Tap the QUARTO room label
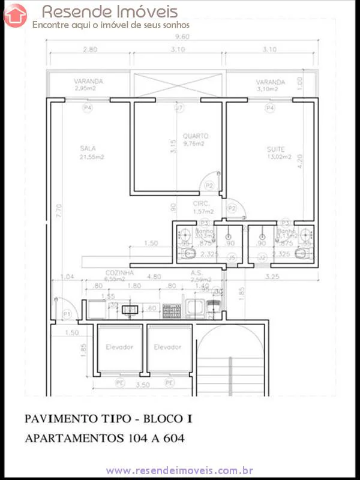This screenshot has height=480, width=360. (x=192, y=136)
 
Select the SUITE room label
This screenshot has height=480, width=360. (x=276, y=149)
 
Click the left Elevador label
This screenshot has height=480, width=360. (x=119, y=347)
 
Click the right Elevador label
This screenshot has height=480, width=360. (x=167, y=347)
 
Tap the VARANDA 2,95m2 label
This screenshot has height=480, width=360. (x=88, y=82)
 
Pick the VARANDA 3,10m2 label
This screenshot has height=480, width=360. (x=271, y=82)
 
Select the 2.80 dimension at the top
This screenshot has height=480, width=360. (x=90, y=49)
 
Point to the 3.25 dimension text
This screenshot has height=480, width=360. (x=273, y=277)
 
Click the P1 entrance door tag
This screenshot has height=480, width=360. (x=67, y=314)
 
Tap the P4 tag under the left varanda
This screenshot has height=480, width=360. (x=88, y=108)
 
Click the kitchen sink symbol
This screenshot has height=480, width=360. (x=130, y=310)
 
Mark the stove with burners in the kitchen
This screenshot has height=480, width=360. (x=172, y=310)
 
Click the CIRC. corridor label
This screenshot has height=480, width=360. (x=200, y=203)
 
